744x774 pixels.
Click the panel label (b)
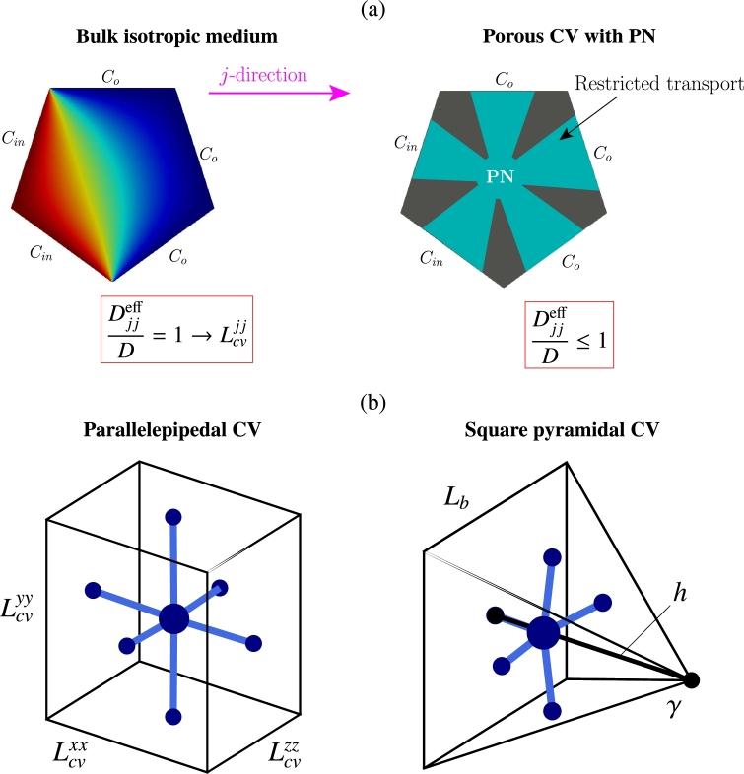(372, 403)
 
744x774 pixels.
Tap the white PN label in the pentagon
(506, 177)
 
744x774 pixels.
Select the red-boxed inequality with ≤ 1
(507, 335)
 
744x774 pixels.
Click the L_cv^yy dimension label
(31, 601)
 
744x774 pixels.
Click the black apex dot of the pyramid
(692, 679)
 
